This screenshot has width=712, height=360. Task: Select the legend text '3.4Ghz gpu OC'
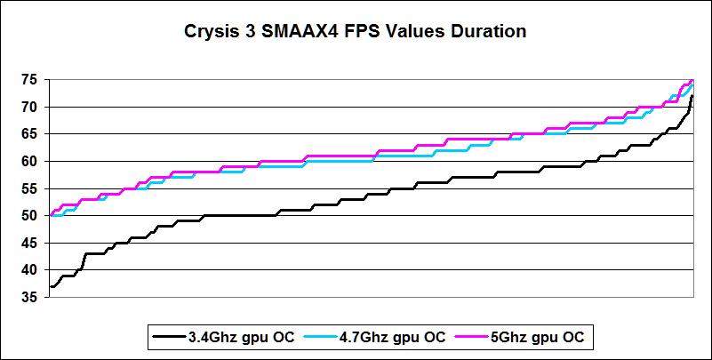(x=228, y=337)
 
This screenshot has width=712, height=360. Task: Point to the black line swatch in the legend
(x=168, y=337)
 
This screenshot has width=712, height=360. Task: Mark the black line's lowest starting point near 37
(x=52, y=286)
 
